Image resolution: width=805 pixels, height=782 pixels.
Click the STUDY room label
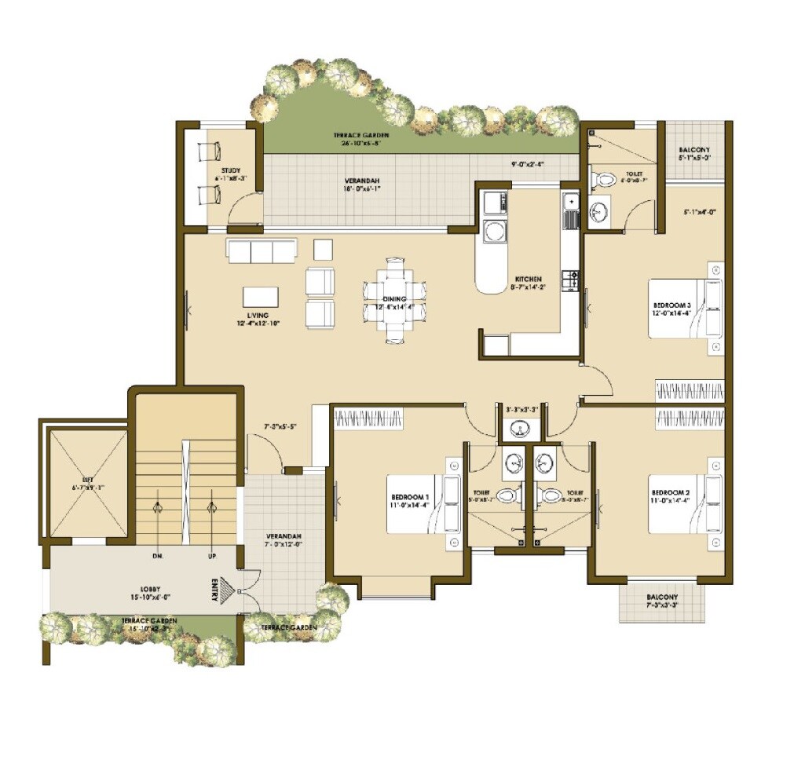[x=230, y=170]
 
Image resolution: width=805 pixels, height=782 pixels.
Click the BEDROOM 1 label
[x=410, y=497]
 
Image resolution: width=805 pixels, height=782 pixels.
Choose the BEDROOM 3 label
[x=672, y=305]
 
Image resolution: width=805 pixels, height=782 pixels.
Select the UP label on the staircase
[x=211, y=556]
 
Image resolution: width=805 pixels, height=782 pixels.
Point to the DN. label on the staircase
[x=157, y=556]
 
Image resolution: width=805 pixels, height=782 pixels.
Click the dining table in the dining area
[x=394, y=299]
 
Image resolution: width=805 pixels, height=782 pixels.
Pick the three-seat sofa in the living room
[x=262, y=251]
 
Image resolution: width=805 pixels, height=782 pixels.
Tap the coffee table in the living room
[x=262, y=296]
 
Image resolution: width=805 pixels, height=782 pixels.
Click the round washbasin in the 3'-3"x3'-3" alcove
[x=518, y=429]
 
